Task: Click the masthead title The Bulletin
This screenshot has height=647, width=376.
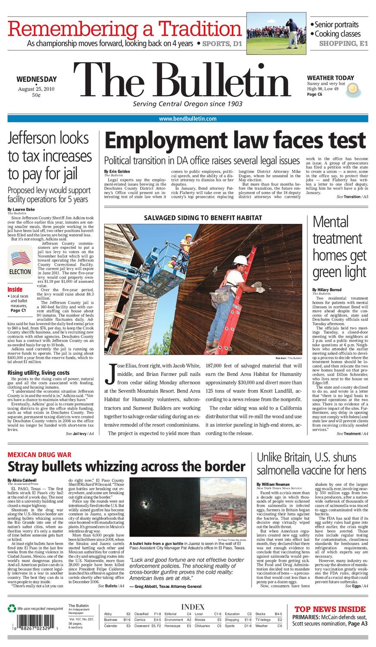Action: (182, 83)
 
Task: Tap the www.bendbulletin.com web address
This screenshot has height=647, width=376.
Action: (188, 119)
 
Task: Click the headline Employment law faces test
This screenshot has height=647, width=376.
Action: (235, 141)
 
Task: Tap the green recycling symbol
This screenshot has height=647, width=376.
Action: (12, 608)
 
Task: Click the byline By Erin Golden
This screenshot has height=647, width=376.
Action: (117, 171)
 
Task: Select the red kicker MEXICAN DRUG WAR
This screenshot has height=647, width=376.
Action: (39, 455)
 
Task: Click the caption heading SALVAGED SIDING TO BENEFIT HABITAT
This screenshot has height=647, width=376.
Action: (203, 218)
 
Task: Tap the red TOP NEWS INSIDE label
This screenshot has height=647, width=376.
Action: (330, 609)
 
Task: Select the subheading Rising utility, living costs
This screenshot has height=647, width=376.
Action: (38, 373)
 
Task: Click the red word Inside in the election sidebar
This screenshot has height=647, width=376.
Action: (15, 289)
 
